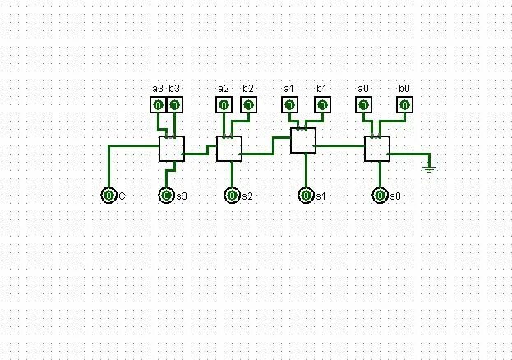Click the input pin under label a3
(158, 104)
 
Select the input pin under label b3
(174, 104)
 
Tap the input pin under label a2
(224, 104)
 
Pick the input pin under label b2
(248, 104)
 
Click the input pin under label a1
(289, 104)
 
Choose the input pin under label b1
(322, 104)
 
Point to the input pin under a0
(363, 104)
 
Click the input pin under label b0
(404, 104)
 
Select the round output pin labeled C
(108, 196)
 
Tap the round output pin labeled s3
(166, 196)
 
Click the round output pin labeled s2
(232, 196)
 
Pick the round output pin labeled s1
(306, 196)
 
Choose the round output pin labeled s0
(380, 196)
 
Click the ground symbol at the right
(429, 168)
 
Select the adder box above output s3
(171, 149)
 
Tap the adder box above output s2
(228, 149)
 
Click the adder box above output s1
(303, 141)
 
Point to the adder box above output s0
(376, 149)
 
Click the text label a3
(158, 89)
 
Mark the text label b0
(404, 89)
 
